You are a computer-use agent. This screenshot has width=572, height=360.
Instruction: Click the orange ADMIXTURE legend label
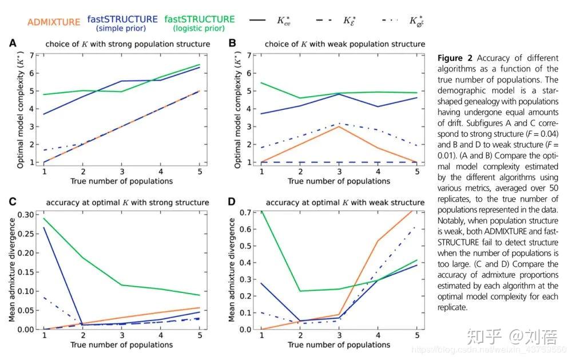pos(54,22)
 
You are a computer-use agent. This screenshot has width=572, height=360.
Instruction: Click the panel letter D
pos(231,201)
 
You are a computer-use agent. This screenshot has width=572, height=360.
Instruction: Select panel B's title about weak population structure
pos(335,44)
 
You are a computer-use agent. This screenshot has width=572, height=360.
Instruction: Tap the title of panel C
pos(127,203)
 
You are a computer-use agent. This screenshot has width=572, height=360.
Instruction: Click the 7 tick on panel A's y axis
pos(32,56)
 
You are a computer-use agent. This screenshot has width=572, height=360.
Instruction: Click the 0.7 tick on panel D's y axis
pos(245,213)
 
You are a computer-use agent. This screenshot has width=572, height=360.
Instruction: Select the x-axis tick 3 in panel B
pos(339,172)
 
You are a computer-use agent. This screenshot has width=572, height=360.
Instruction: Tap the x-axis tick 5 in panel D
pos(417,335)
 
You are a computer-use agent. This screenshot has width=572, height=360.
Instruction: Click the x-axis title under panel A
pos(121,181)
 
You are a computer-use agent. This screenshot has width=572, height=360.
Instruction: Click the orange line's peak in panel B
pos(339,126)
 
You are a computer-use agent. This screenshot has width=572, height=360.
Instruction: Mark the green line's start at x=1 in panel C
pos(44,218)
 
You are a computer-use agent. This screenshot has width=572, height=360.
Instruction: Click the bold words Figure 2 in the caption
pos(455,58)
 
